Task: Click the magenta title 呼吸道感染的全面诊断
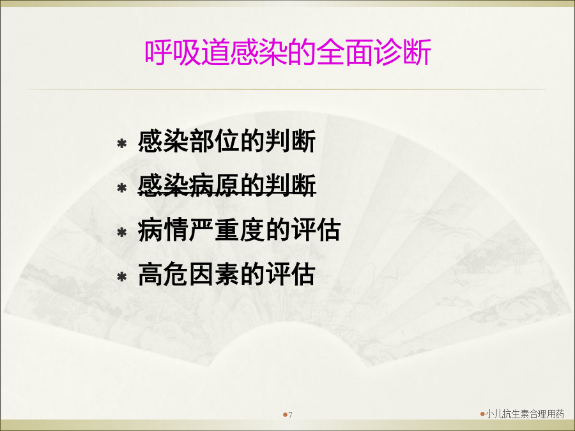pyautogui.click(x=287, y=52)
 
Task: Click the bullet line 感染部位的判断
pyautogui.click(x=227, y=141)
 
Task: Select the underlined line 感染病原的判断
pyautogui.click(x=227, y=185)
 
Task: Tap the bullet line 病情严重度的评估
pyautogui.click(x=239, y=230)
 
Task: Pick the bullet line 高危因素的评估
pyautogui.click(x=227, y=274)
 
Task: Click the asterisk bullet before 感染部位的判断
pyautogui.click(x=122, y=143)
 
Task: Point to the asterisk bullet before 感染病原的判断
pyautogui.click(x=122, y=188)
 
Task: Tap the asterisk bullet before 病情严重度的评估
pyautogui.click(x=122, y=232)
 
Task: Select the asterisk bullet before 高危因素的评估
pyautogui.click(x=122, y=276)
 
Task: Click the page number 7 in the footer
pyautogui.click(x=291, y=415)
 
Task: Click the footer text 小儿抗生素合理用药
pyautogui.click(x=525, y=414)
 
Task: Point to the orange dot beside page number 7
pyautogui.click(x=285, y=415)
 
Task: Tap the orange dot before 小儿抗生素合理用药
pyautogui.click(x=482, y=414)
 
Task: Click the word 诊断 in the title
pyautogui.click(x=402, y=52)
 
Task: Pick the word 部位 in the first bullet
pyautogui.click(x=214, y=141)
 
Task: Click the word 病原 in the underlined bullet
pyautogui.click(x=214, y=185)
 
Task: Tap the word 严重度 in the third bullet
pyautogui.click(x=227, y=230)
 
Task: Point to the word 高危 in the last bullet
pyautogui.click(x=163, y=274)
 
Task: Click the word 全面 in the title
pyautogui.click(x=345, y=52)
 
